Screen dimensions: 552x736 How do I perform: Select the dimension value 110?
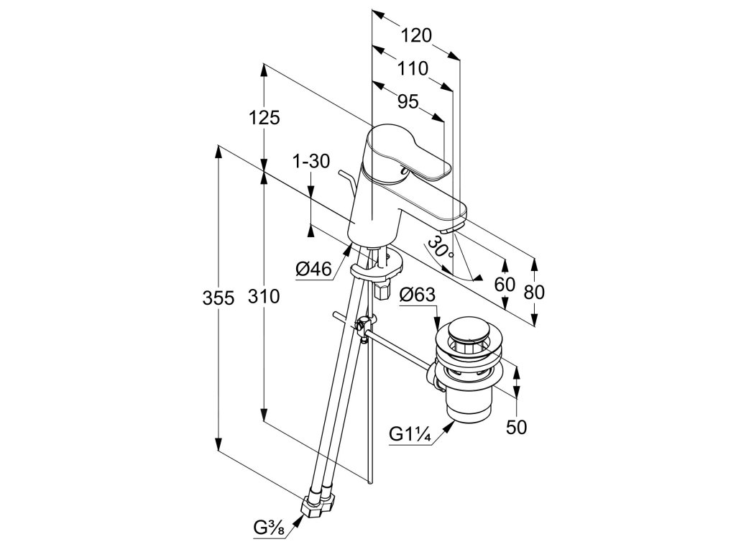point(413,69)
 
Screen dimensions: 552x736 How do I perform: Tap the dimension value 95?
point(408,102)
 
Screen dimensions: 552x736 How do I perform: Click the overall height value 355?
point(218,297)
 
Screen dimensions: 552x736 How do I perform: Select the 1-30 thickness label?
point(311,162)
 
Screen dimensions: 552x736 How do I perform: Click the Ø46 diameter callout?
point(313,269)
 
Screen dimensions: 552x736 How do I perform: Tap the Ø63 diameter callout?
point(417,294)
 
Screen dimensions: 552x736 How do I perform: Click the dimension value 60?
point(505,284)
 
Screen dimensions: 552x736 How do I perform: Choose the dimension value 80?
point(534,292)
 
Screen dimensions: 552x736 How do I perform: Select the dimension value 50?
point(516,427)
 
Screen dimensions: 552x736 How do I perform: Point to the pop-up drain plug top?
point(466,332)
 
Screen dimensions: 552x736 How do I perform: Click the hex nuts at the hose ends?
point(319,502)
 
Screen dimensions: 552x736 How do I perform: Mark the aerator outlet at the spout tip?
point(452,229)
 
